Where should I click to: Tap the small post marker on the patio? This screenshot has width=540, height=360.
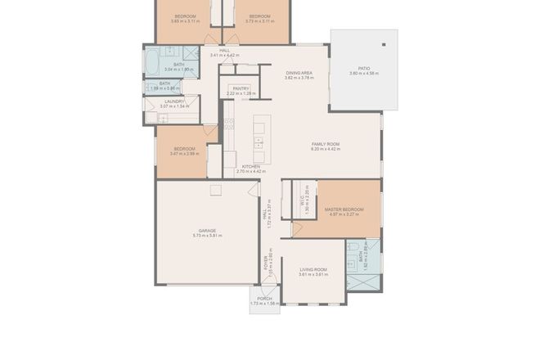pos(381,45)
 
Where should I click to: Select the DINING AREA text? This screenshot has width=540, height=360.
pos(299,74)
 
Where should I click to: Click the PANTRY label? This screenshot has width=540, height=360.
pos(241,88)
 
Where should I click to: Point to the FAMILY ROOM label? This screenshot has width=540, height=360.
pos(325,144)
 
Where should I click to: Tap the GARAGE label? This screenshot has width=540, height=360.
pos(207,230)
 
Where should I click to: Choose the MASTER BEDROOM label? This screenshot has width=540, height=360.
pos(344,209)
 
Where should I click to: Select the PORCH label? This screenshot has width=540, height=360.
pos(264,299)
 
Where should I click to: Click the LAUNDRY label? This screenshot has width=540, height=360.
pos(174,101)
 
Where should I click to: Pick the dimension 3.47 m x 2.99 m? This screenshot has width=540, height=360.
pos(184,154)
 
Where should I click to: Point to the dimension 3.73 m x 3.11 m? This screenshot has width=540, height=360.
pos(259,21)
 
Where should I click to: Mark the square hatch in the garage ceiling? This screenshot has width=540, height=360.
pos(215,191)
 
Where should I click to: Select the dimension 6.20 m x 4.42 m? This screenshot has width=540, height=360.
pos(325,149)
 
